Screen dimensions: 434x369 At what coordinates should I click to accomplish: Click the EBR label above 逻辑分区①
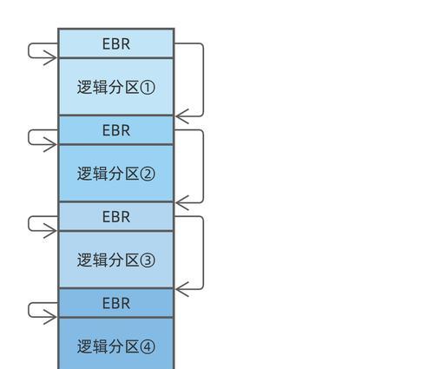pyautogui.click(x=116, y=44)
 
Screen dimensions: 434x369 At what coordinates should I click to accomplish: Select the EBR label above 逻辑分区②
pyautogui.click(x=116, y=130)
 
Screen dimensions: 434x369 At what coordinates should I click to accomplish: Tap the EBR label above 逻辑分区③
pyautogui.click(x=116, y=217)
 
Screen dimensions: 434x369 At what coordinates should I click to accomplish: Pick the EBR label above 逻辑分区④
pyautogui.click(x=116, y=303)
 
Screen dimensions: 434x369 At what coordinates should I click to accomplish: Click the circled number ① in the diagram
pyautogui.click(x=148, y=88)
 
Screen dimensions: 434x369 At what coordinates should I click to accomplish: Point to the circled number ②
pyautogui.click(x=148, y=174)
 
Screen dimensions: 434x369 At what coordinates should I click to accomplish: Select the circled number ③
pyautogui.click(x=148, y=260)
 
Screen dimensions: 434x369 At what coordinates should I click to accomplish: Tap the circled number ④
pyautogui.click(x=148, y=346)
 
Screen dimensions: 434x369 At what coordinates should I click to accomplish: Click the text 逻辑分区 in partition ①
pyautogui.click(x=108, y=87)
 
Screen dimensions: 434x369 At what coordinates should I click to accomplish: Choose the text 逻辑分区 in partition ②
pyautogui.click(x=108, y=174)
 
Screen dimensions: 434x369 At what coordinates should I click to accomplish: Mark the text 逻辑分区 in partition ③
pyautogui.click(x=108, y=260)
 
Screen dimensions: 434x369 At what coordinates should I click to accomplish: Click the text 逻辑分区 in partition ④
pyautogui.click(x=108, y=346)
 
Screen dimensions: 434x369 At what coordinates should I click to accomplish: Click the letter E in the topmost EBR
pyautogui.click(x=107, y=44)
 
